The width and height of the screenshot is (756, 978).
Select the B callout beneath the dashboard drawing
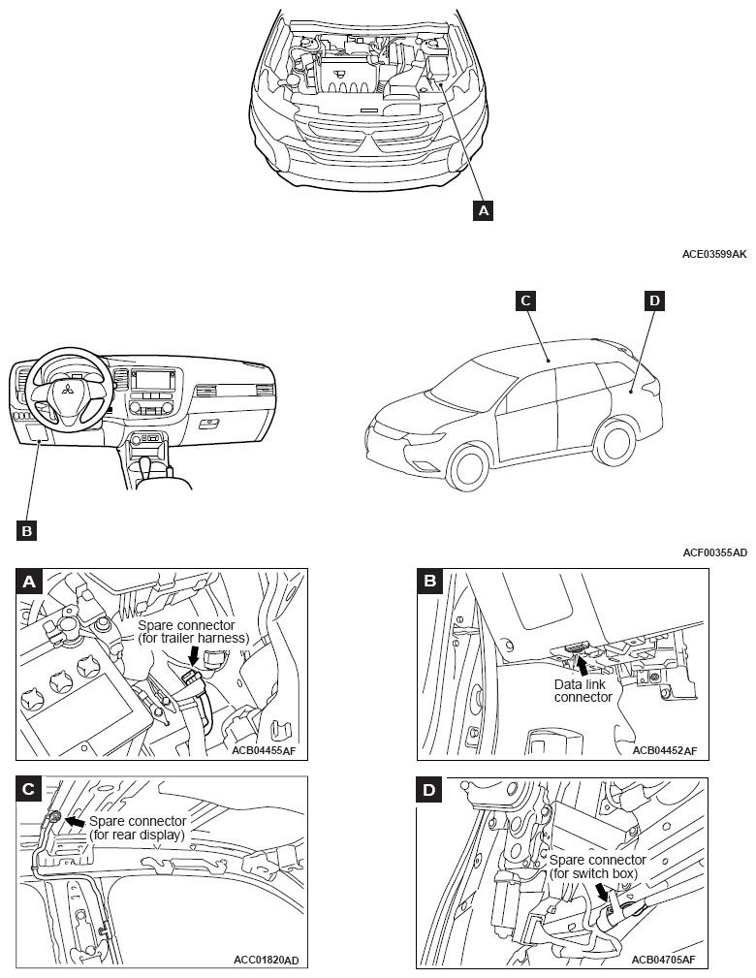[x=26, y=529]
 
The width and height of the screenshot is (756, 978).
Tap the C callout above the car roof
[x=524, y=301]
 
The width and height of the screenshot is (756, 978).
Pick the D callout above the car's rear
[x=654, y=301]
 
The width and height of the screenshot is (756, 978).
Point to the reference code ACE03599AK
[x=714, y=254]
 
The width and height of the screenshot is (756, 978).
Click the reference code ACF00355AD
[x=714, y=552]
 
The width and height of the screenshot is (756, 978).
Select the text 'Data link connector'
[x=583, y=690]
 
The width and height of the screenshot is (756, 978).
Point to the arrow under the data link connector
[x=582, y=665]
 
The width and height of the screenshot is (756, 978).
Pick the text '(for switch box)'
[x=594, y=873]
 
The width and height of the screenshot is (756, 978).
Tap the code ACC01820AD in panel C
[x=267, y=960]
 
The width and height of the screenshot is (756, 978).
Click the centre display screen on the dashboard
[x=153, y=379]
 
